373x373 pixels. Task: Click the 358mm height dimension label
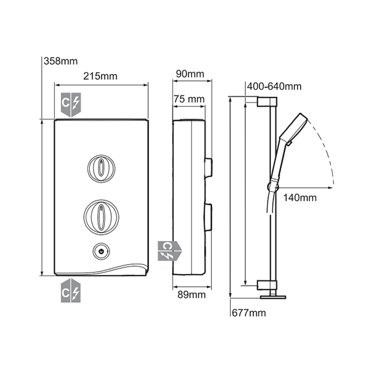tap(61, 61)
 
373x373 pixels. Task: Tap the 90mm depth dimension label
tap(190, 74)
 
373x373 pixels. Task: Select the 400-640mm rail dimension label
tap(274, 87)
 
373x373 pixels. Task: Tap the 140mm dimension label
tap(300, 198)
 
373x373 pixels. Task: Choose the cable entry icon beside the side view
tap(167, 251)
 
